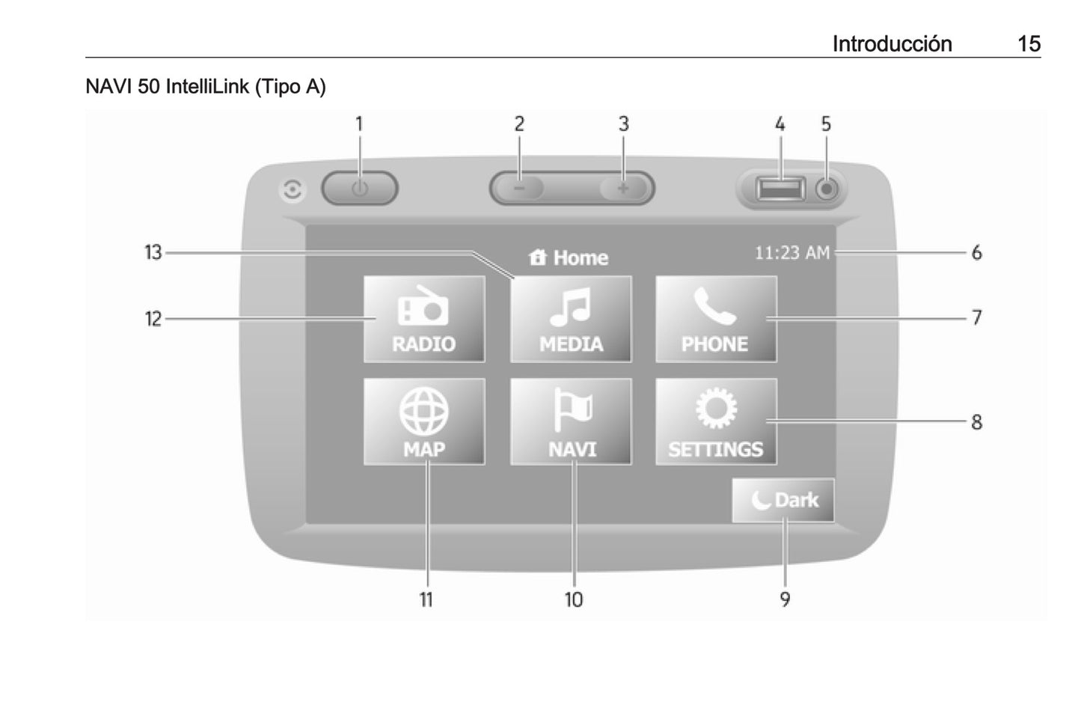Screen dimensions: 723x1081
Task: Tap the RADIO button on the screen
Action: [x=424, y=320]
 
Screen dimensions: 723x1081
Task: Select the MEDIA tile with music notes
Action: [x=571, y=320]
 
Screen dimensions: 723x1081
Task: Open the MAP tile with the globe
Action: [x=424, y=421]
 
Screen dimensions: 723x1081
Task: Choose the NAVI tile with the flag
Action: [x=571, y=421]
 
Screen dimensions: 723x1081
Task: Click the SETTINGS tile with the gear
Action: [x=716, y=421]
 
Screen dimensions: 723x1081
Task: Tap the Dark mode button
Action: [x=783, y=500]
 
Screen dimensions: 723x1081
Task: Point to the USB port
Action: [x=780, y=188]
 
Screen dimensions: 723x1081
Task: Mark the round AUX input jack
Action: [x=826, y=189]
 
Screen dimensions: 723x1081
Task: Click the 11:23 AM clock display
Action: [x=791, y=253]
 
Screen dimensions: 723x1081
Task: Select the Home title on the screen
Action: [x=570, y=258]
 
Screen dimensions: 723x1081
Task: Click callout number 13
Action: [x=153, y=253]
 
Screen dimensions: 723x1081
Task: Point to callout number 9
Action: [x=785, y=600]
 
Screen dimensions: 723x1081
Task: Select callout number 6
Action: [x=976, y=253]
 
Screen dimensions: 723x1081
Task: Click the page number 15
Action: [x=1029, y=43]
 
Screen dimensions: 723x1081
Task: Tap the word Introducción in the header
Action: [x=892, y=43]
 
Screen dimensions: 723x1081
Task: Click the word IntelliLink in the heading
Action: [x=207, y=87]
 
